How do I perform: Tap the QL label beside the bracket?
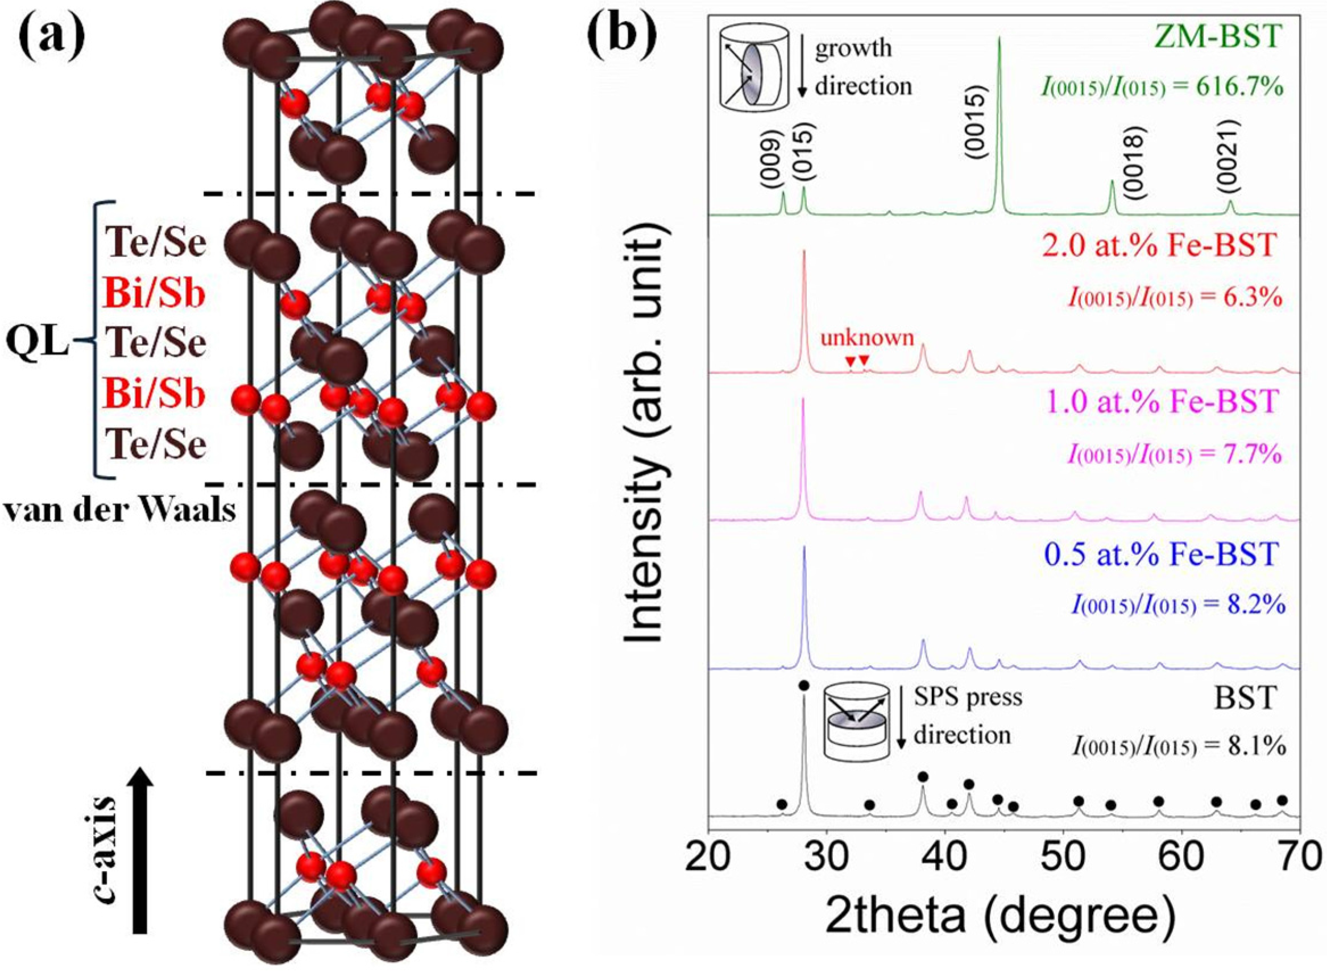click(37, 342)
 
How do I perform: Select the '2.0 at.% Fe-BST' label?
click(1160, 245)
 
